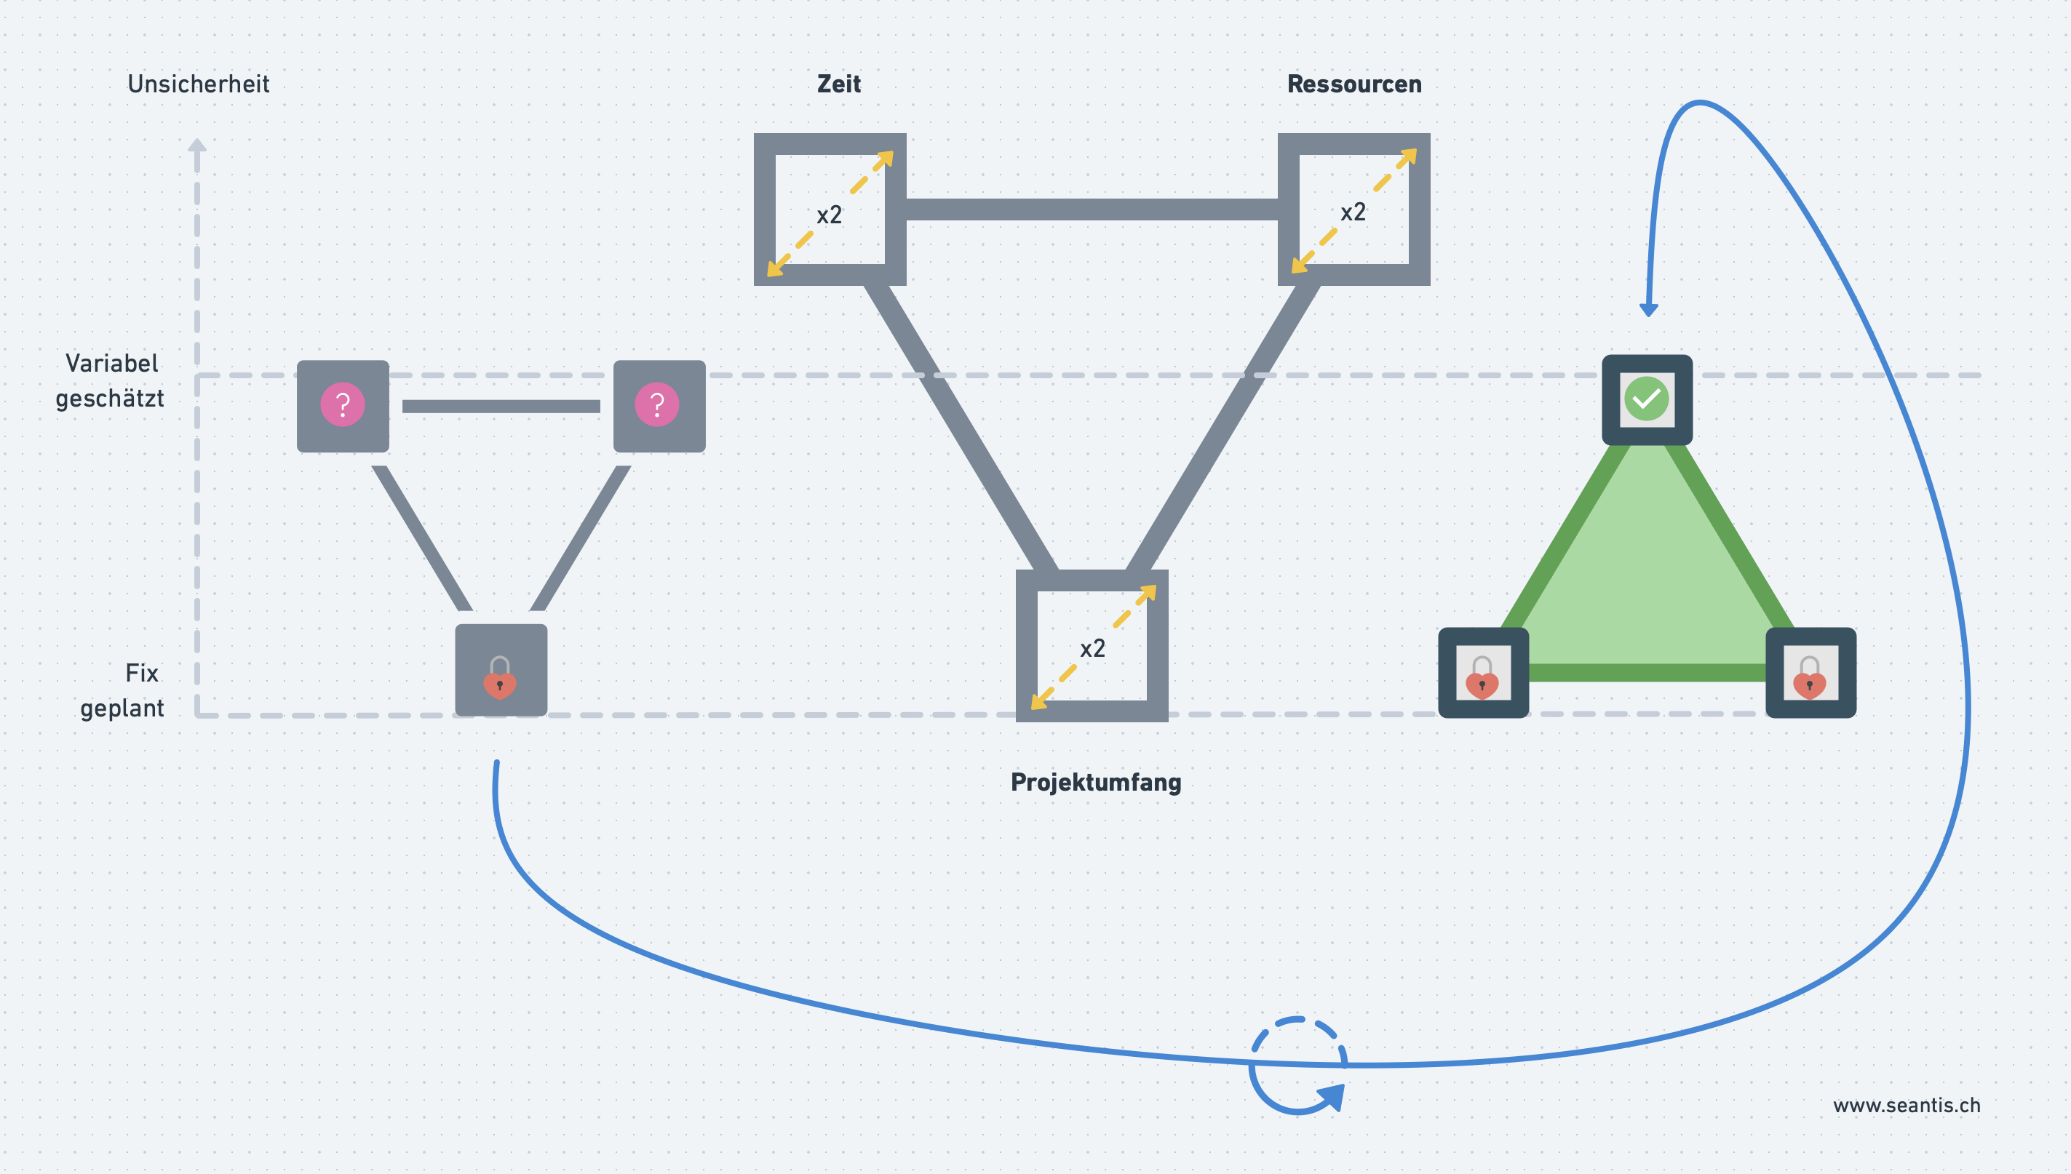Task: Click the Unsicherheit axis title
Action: (199, 84)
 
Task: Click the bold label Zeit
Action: (839, 84)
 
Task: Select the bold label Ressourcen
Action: (1354, 84)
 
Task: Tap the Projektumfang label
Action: (1096, 782)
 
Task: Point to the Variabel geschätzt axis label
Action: (111, 380)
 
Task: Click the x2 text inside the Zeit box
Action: (829, 215)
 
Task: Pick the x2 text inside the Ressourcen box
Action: (1353, 212)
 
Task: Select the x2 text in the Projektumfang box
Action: (1092, 648)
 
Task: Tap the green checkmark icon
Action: (1646, 399)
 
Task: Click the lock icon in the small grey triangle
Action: (500, 677)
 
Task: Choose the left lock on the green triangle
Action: (1482, 677)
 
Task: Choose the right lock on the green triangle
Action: (1810, 677)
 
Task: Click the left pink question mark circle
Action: (343, 404)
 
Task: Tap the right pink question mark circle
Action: (656, 404)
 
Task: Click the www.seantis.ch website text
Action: (1907, 1106)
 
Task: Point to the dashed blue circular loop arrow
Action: (1297, 1065)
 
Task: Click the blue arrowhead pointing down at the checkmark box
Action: (1648, 310)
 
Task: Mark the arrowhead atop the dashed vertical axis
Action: (196, 145)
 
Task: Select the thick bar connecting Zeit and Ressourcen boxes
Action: (1092, 209)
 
